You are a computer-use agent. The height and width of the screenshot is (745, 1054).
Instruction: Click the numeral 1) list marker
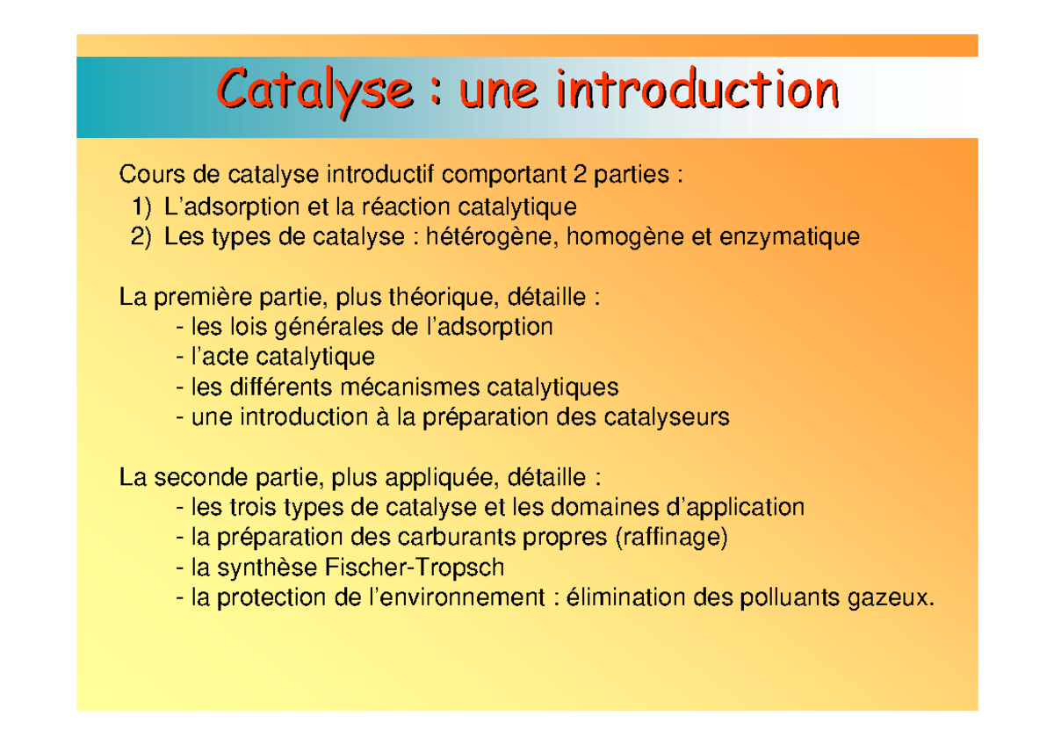[x=141, y=207]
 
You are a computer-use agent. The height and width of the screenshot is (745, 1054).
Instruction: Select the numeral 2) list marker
[x=141, y=237]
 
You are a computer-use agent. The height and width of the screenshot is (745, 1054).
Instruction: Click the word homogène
[x=622, y=237]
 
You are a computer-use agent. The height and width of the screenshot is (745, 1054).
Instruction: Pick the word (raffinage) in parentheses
[x=673, y=537]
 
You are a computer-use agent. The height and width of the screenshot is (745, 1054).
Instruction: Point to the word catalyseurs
[x=667, y=417]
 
